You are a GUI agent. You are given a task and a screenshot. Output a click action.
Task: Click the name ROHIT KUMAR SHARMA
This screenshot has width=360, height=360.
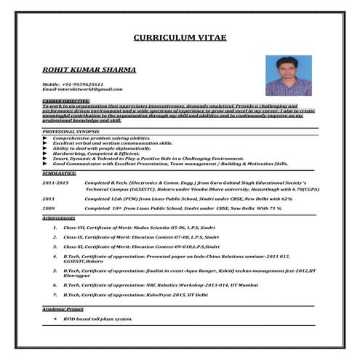(79, 71)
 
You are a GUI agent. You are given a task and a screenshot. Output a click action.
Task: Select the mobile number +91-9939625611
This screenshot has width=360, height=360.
(72, 84)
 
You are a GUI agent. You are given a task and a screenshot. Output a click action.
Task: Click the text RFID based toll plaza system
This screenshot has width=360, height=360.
(98, 319)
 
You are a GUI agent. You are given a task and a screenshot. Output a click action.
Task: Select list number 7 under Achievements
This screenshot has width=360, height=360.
(55, 295)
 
